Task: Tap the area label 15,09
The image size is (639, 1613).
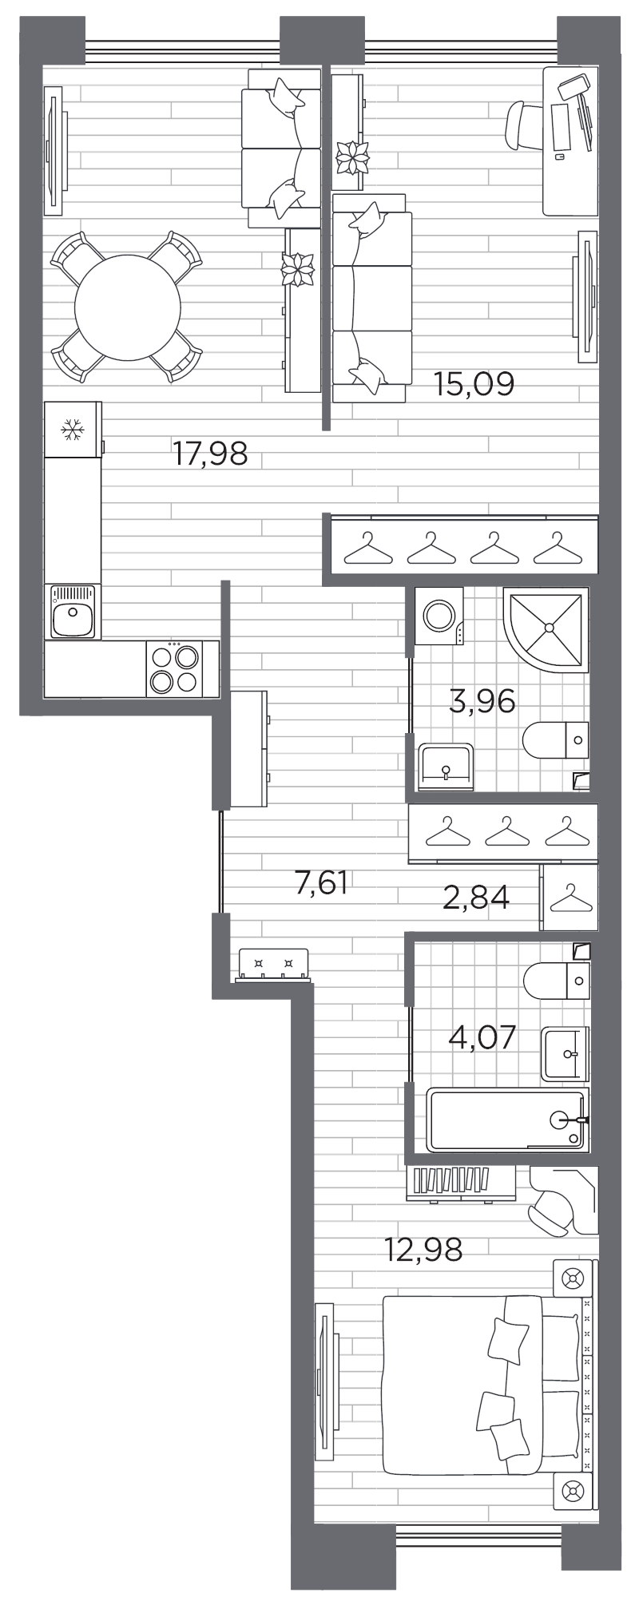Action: pyautogui.click(x=474, y=384)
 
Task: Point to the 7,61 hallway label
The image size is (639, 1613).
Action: pyautogui.click(x=321, y=884)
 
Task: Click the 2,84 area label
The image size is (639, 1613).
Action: pyautogui.click(x=476, y=898)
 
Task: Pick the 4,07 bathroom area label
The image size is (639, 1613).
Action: pyautogui.click(x=482, y=1038)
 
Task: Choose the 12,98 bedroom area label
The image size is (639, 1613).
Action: pyautogui.click(x=423, y=1249)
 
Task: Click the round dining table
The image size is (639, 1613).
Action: pyautogui.click(x=127, y=307)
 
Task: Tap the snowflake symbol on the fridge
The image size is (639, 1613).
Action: pyautogui.click(x=73, y=431)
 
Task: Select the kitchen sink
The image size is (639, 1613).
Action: pyautogui.click(x=73, y=611)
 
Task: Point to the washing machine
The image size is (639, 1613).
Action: pyautogui.click(x=438, y=616)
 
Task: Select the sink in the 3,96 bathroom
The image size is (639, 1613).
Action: pyautogui.click(x=445, y=766)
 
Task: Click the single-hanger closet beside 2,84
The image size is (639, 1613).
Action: pyautogui.click(x=569, y=898)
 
